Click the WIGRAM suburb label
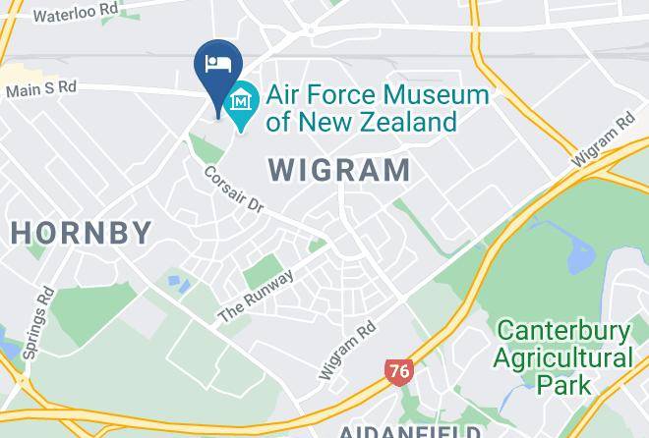point(339,170)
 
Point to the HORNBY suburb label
point(82,233)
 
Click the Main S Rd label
point(40,88)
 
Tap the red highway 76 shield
point(398,371)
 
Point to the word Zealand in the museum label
point(407,122)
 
